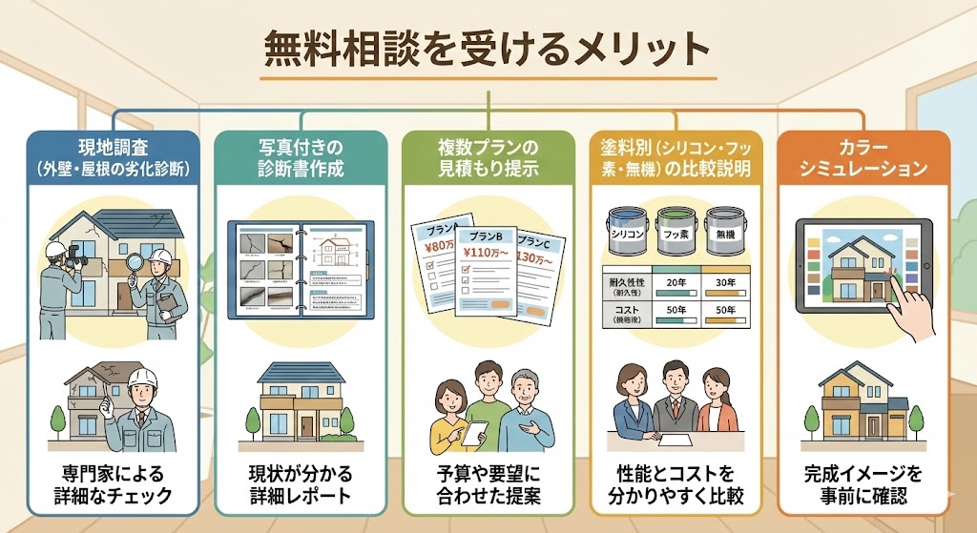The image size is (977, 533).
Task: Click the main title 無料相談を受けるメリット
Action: (x=488, y=49)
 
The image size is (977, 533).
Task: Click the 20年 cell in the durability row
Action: (x=677, y=283)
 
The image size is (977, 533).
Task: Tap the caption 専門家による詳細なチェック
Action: (x=114, y=483)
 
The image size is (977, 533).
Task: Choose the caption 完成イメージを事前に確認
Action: (x=866, y=483)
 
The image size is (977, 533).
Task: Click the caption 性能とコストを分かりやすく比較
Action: (x=677, y=483)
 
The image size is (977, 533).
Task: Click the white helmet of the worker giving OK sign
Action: (x=142, y=378)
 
